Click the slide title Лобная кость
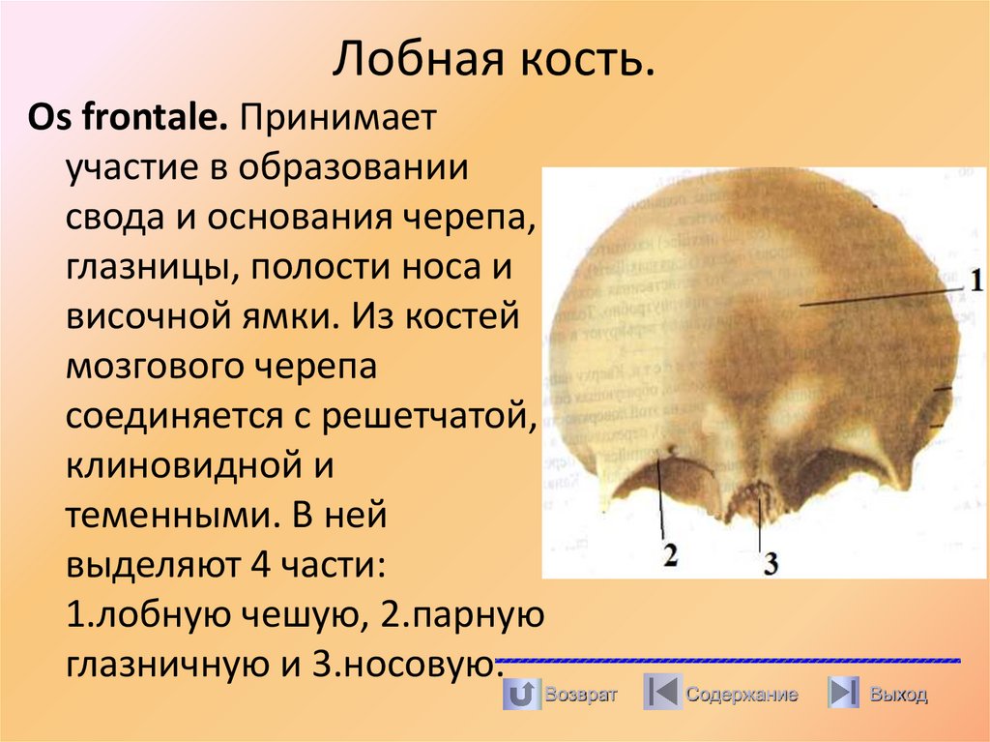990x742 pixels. (494, 60)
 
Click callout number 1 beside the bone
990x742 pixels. (976, 282)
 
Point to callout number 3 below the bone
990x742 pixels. (770, 563)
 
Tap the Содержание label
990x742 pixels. (742, 694)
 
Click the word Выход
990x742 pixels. (897, 694)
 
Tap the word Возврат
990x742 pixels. (579, 694)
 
